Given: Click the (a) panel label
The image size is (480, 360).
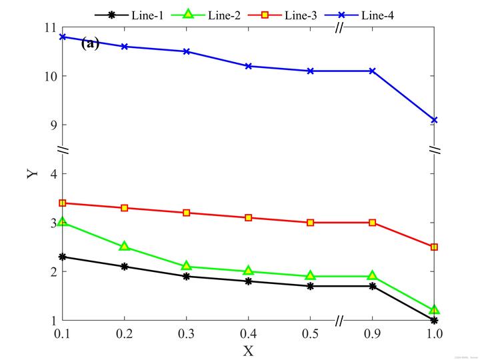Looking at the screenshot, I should click(x=90, y=44).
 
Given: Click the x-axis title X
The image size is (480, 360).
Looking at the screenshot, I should click(x=248, y=349).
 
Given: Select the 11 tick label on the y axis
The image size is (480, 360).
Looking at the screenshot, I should click(x=49, y=27).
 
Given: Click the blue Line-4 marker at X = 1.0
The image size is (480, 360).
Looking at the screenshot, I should click(x=434, y=120).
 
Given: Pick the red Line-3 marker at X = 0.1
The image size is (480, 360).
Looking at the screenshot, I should click(x=62, y=203).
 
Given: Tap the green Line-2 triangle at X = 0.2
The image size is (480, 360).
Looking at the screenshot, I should click(x=124, y=246).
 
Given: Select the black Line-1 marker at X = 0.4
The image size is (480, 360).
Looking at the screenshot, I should click(x=248, y=281).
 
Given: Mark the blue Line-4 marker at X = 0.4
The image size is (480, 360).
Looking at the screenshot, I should click(x=248, y=66).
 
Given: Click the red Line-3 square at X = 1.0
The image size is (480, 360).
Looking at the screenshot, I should click(x=434, y=247).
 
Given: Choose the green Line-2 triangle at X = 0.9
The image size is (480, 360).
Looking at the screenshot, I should click(x=372, y=275).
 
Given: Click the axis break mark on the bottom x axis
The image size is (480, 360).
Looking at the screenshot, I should click(x=339, y=321).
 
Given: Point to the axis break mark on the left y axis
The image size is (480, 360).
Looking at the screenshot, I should click(x=62, y=149).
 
